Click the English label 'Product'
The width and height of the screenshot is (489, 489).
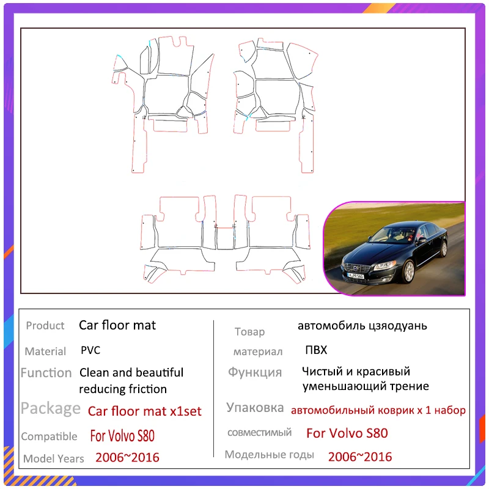point(45,326)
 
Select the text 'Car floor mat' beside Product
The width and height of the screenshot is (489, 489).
point(117,325)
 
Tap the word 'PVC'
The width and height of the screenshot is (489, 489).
point(90,351)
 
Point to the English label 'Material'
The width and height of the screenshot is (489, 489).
point(45,351)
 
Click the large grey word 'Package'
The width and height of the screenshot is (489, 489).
point(51,408)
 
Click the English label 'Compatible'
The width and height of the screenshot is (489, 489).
point(49,436)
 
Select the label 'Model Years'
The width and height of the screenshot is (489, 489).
point(54,458)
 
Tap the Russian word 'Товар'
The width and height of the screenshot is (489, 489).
point(250,332)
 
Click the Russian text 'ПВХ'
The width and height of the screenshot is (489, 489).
point(316,350)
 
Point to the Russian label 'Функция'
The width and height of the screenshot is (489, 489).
point(255,372)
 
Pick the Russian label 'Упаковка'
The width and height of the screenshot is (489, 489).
point(255,408)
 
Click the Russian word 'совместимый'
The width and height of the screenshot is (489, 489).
point(259,433)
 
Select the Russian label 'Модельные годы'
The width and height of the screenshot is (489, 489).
point(270,455)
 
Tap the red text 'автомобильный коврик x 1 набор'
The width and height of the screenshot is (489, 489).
point(378,410)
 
